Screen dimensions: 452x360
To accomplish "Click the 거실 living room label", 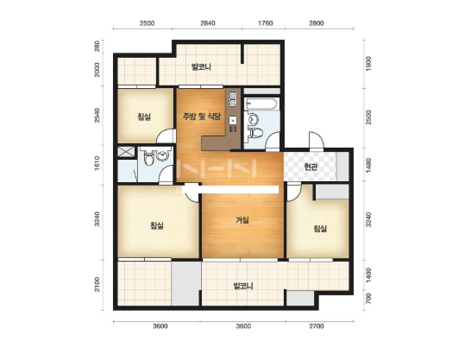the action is point(242,220).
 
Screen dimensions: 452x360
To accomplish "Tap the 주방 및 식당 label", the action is point(202,117).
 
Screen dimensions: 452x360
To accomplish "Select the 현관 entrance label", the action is point(311,167).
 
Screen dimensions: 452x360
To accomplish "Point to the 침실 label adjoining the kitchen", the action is point(144,117).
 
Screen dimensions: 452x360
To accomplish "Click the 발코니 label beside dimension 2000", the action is point(201,67).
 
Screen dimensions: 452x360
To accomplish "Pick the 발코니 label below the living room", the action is point(243,286).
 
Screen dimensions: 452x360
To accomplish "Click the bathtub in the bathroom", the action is point(261,104).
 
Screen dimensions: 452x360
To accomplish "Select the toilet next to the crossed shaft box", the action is point(148,159).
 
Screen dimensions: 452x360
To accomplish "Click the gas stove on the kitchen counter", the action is point(232,98).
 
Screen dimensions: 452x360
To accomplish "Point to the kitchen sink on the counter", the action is point(232,121).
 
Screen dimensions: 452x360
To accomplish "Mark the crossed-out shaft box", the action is point(126,152).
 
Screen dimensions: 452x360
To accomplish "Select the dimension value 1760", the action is point(265,23).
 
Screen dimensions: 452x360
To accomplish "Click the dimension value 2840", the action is point(208,23).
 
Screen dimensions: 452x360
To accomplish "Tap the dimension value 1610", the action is point(97,163).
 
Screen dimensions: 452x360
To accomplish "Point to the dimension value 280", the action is point(97,46).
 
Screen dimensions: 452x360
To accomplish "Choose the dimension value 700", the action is point(368,299).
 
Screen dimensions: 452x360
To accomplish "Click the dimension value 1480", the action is point(368,166).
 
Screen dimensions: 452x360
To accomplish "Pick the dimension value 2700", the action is point(317,326).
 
